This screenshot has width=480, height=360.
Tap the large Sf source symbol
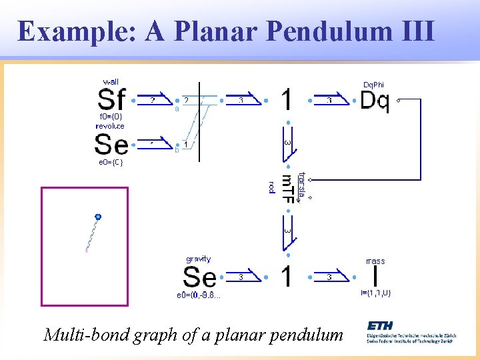pos(111,100)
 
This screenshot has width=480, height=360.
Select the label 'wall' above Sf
pos(110,81)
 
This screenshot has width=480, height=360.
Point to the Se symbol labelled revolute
pos(111,144)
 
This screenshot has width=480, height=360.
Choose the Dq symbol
pos(374,101)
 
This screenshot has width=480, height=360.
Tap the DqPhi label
pos(373,85)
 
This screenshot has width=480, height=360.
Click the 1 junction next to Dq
pos(286,101)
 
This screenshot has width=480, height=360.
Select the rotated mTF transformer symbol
pos(287,188)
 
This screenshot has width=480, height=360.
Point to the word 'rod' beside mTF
pos(271,187)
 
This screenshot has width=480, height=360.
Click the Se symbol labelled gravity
pos(199,277)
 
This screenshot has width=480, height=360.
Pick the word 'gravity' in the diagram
pos(198,259)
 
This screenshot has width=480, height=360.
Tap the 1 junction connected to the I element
pos(286,276)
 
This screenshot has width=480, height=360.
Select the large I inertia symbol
pos(375,276)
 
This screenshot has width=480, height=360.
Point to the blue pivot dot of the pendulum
pos(98,217)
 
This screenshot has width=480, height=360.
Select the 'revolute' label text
pos(110,126)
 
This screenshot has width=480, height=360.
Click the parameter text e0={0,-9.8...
pos(199,294)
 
